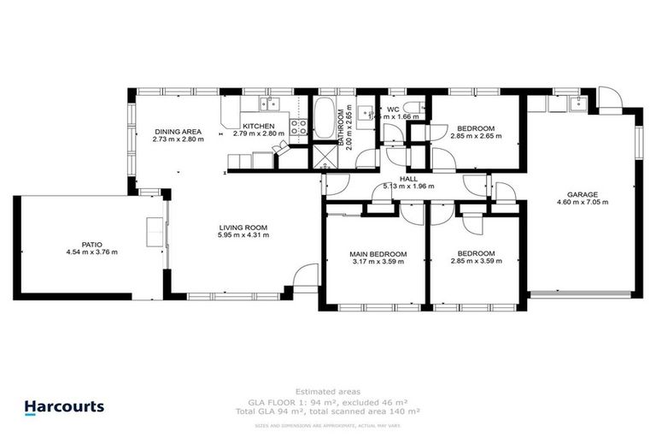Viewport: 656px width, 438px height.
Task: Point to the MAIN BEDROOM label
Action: coord(378,254)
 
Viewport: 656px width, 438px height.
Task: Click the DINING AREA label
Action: coord(178,130)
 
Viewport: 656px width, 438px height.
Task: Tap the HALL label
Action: coord(409,178)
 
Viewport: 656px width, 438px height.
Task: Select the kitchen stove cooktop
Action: coord(299,127)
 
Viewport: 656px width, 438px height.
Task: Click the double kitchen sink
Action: coord(269,104)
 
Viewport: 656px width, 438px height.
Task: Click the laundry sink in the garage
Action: coord(577,104)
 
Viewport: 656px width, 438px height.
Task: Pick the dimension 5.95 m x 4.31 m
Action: coord(243,235)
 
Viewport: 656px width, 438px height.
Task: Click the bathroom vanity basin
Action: coord(363,110)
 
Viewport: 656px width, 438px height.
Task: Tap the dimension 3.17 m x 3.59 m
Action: coord(378,262)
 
